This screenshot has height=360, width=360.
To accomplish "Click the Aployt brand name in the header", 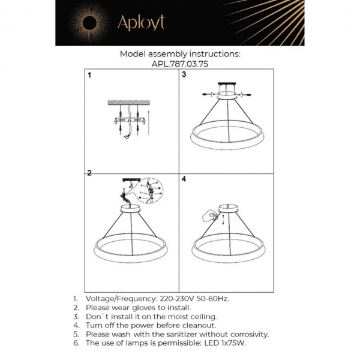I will (141, 23).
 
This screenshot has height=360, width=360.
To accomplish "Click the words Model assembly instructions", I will (180, 53).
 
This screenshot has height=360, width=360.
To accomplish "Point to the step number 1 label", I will (89, 76).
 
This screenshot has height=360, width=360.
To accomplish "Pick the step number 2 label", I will (89, 173).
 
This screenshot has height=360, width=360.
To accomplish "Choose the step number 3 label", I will (184, 75).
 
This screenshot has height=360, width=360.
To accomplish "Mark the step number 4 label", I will (184, 179).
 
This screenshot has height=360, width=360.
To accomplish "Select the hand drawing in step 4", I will (211, 214).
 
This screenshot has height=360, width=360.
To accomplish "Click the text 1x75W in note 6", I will (232, 343).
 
